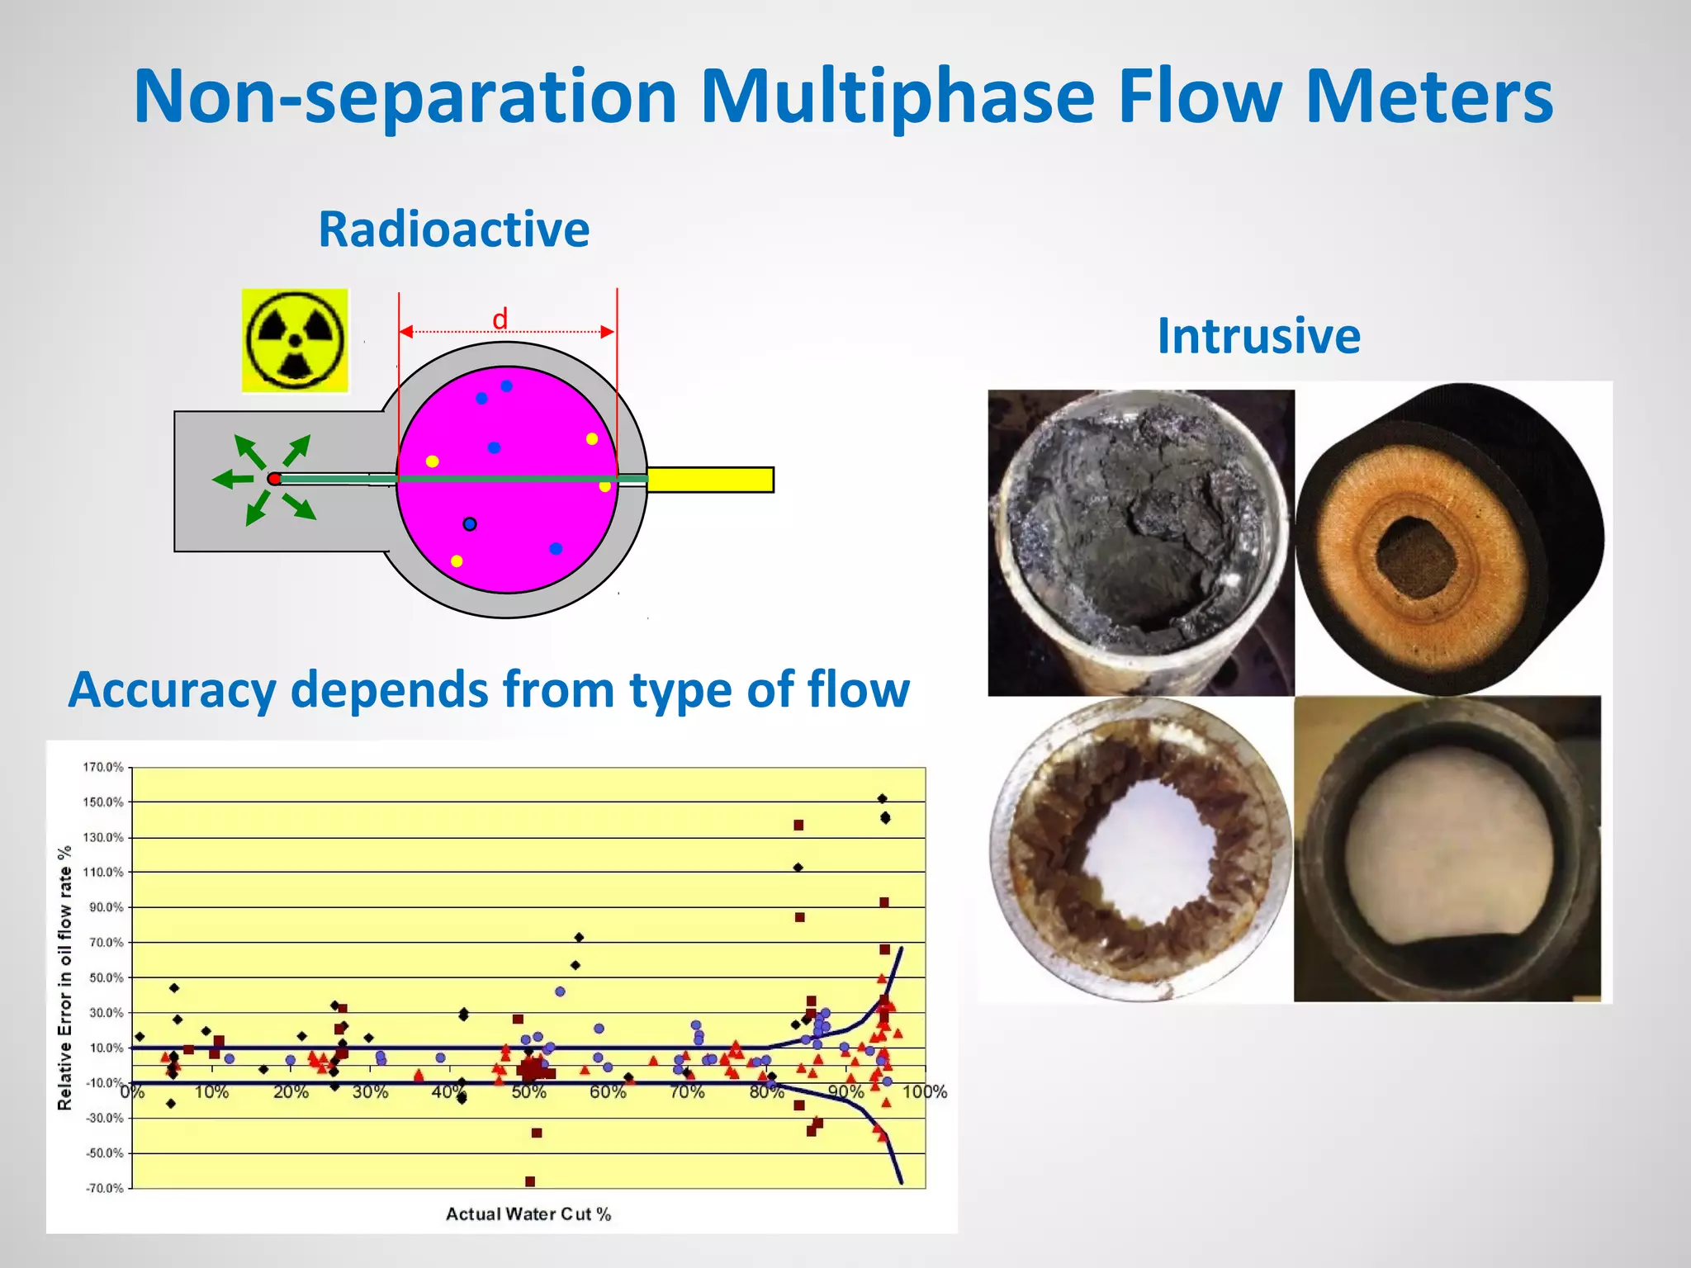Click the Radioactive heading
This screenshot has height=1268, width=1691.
pos(453,229)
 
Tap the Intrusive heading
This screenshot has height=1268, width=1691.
pos(1258,336)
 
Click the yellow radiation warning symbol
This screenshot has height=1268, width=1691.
pos(295,340)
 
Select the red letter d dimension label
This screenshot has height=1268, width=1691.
pos(500,319)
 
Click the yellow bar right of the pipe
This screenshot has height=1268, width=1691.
pos(710,480)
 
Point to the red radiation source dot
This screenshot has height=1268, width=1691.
pos(274,479)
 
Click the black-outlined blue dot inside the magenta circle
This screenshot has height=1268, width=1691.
pos(470,524)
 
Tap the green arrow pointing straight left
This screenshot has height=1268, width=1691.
pos(232,479)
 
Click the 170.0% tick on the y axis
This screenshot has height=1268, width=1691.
pos(103,768)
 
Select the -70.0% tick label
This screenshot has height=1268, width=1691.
pos(105,1188)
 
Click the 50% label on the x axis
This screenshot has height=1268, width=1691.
pos(528,1092)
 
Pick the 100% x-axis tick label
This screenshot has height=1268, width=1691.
pos(924,1092)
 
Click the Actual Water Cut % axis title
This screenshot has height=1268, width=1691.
pos(528,1214)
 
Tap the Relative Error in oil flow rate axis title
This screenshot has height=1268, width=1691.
pos(64,977)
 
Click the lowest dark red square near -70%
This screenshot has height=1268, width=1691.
pos(530,1181)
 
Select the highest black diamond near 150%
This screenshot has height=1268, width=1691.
pos(882,798)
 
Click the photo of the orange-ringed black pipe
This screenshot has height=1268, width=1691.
pos(1449,538)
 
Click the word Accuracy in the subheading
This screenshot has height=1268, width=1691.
pos(172,689)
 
